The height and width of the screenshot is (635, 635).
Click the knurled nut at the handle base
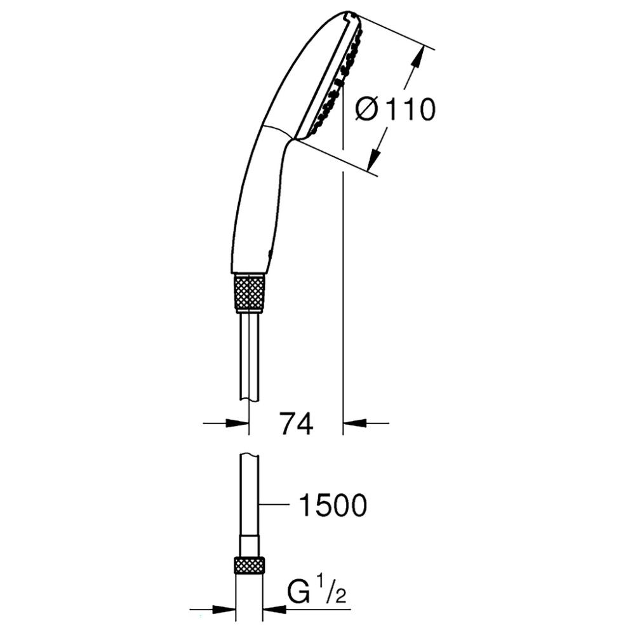250,293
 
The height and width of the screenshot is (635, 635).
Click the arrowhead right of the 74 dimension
352,423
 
